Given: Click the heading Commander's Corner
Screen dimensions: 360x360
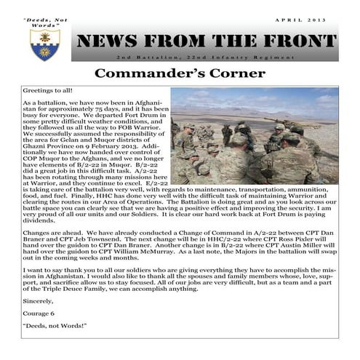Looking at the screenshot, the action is point(180,74).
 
